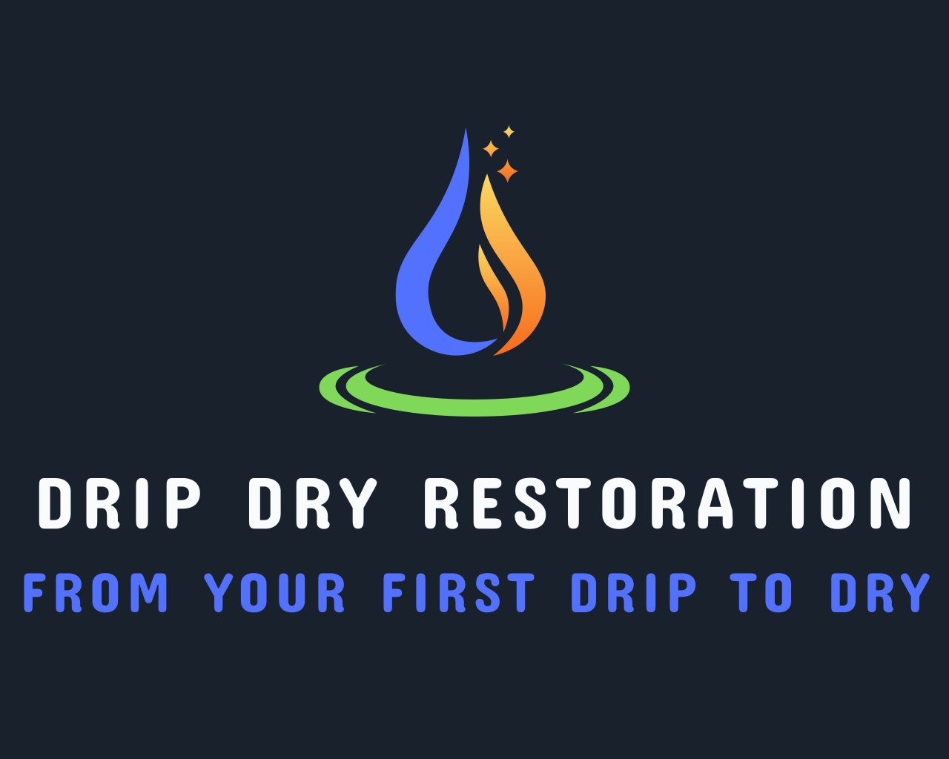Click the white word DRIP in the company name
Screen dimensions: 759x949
coord(119,503)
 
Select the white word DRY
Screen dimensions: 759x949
coord(313,503)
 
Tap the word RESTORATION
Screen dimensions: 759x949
coord(667,503)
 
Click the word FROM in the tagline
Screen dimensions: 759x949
coord(96,593)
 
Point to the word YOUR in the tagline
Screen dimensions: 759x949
coord(275,593)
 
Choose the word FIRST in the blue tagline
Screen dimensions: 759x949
coord(458,593)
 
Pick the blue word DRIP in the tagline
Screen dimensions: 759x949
coord(634,593)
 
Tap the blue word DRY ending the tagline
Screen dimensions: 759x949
coord(879,593)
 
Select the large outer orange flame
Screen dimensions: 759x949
coord(526,282)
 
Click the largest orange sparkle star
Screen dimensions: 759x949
coord(507,171)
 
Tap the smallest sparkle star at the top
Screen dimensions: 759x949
coord(509,132)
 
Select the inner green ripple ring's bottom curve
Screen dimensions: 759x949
coord(474,408)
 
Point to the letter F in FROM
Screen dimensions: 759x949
coord(33,593)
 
